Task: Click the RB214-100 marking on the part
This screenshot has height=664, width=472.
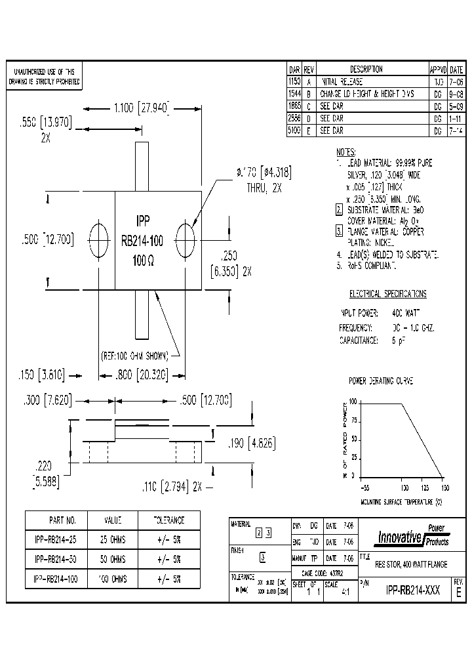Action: click(x=142, y=241)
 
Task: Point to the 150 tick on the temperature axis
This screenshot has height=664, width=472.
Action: click(x=446, y=488)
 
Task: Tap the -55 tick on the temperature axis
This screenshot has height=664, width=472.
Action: click(x=364, y=488)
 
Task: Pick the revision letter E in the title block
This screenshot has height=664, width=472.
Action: click(x=458, y=591)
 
